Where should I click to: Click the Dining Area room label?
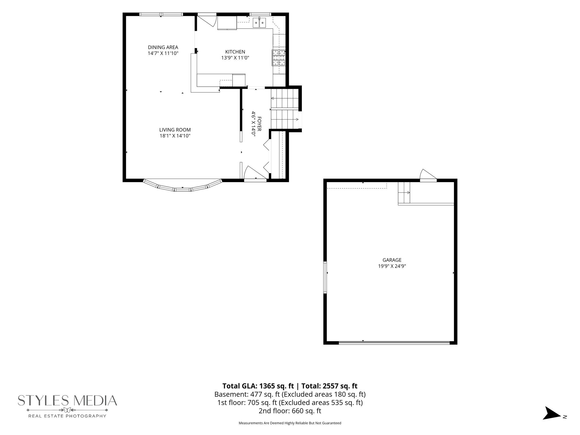[x=163, y=47]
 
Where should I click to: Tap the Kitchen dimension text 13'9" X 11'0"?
[x=235, y=58]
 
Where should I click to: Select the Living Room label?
[x=175, y=130]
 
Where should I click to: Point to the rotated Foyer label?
[x=259, y=124]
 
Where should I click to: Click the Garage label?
[x=392, y=260]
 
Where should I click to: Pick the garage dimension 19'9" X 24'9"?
[x=392, y=266]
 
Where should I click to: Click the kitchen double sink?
[x=259, y=23]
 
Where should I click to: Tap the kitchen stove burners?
[x=279, y=58]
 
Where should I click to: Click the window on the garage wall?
[x=325, y=277]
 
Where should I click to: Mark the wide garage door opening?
[x=394, y=343]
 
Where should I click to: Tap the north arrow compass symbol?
[x=552, y=413]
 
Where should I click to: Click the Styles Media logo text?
[x=67, y=400]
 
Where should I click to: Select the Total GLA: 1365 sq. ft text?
[x=258, y=386]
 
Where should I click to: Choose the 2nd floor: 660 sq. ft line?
[x=290, y=411]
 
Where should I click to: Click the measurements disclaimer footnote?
[x=290, y=423]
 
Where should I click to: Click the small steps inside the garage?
[x=404, y=193]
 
